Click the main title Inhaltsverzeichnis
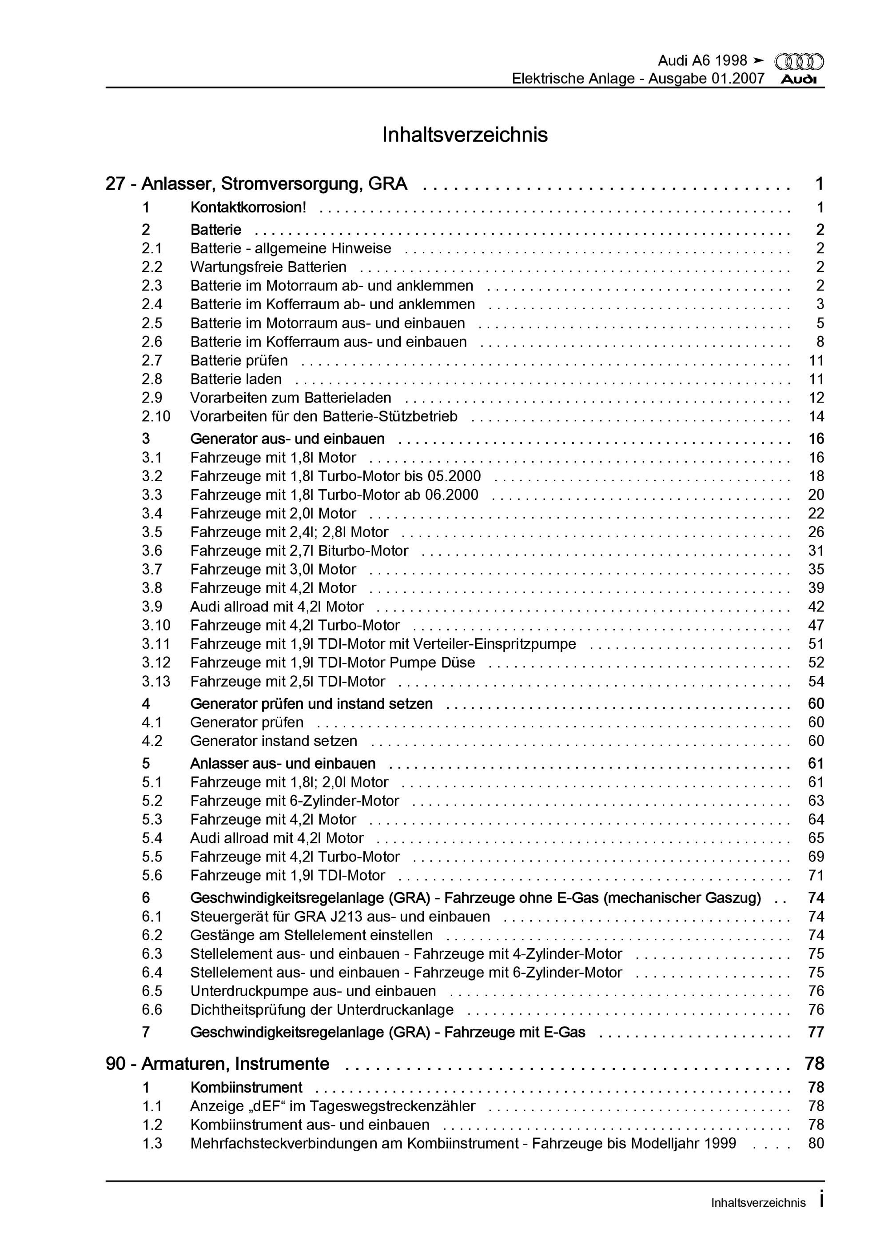pyautogui.click(x=465, y=135)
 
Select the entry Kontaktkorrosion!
pyautogui.click(x=248, y=208)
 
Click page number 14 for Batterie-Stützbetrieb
pyautogui.click(x=816, y=417)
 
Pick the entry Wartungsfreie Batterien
pyautogui.click(x=268, y=267)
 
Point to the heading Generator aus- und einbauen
pyautogui.click(x=287, y=439)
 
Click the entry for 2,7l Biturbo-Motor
pyautogui.click(x=299, y=551)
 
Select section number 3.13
pyautogui.click(x=156, y=682)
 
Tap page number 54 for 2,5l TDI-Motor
pyautogui.click(x=816, y=682)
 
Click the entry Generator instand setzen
pyautogui.click(x=274, y=741)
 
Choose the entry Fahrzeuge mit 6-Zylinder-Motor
pyautogui.click(x=295, y=801)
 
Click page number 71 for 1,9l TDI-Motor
pyautogui.click(x=816, y=875)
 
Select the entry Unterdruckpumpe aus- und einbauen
pyautogui.click(x=313, y=991)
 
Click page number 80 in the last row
pyautogui.click(x=816, y=1144)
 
